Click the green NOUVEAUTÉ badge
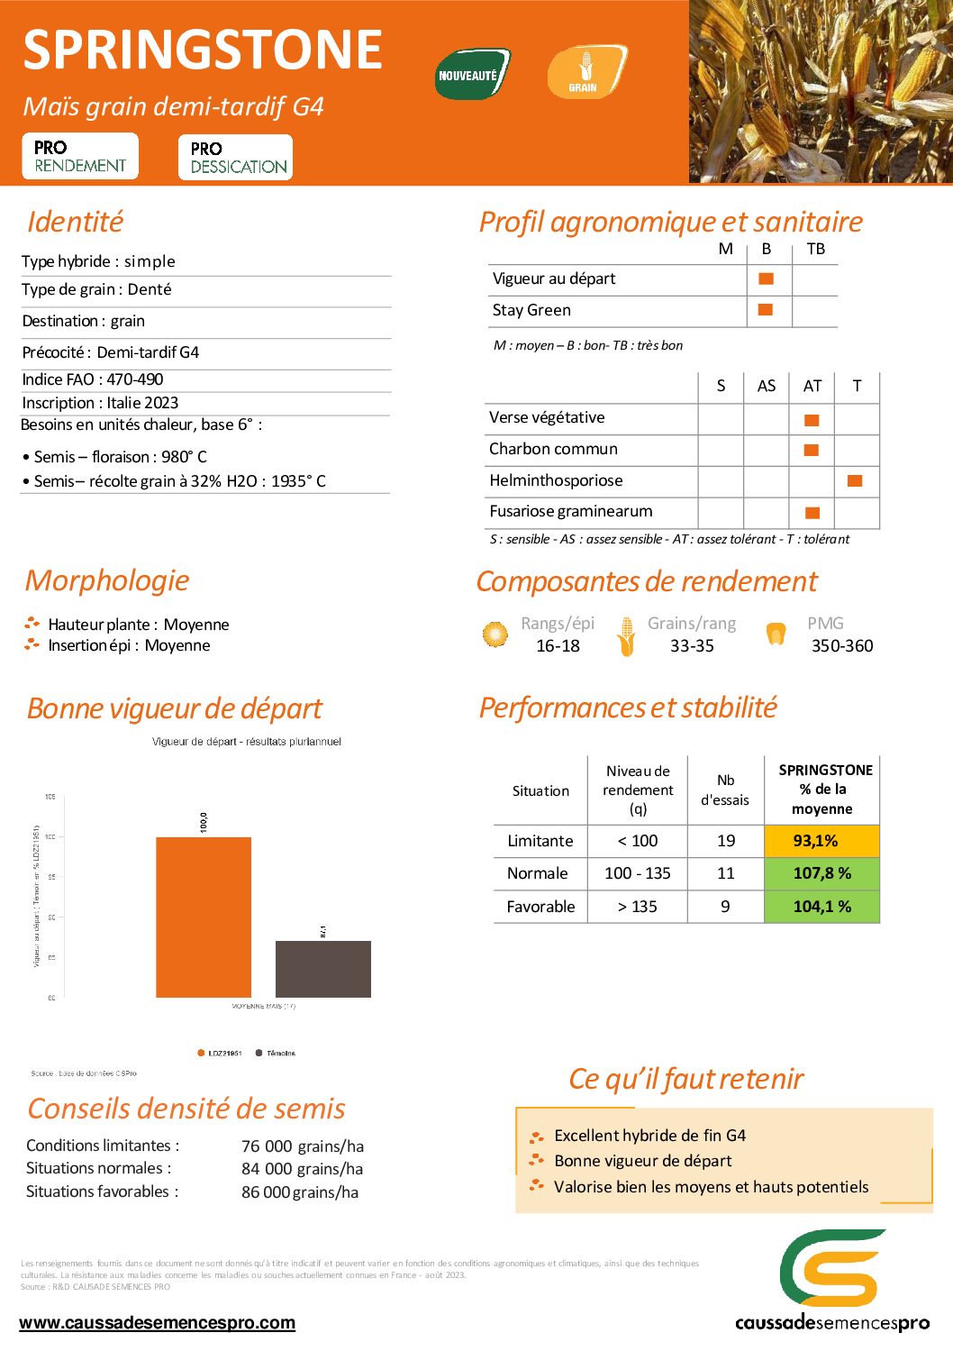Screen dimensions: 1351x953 (472, 75)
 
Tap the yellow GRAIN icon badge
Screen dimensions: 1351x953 (585, 72)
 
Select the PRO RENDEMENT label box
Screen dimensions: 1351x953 (80, 157)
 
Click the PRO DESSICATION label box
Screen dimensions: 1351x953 (236, 158)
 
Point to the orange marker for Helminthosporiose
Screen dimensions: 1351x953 (855, 480)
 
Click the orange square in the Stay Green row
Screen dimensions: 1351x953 (766, 310)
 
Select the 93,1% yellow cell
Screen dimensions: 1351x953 (821, 841)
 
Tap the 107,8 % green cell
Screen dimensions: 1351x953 (821, 873)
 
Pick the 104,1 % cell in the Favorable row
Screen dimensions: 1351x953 (821, 907)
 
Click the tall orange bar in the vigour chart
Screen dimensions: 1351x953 (204, 917)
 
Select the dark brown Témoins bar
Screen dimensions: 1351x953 (322, 969)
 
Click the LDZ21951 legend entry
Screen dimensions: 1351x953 (220, 1053)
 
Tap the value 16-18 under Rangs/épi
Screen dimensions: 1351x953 (558, 646)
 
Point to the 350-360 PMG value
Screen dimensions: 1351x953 (841, 646)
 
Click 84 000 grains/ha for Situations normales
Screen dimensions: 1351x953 (302, 1169)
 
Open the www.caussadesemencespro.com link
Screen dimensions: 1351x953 (157, 1323)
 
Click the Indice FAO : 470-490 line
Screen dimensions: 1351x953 (93, 379)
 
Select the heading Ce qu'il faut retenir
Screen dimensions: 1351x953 (685, 1079)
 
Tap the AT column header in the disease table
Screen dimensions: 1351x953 (812, 386)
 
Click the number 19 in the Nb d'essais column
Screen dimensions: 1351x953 (726, 841)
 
